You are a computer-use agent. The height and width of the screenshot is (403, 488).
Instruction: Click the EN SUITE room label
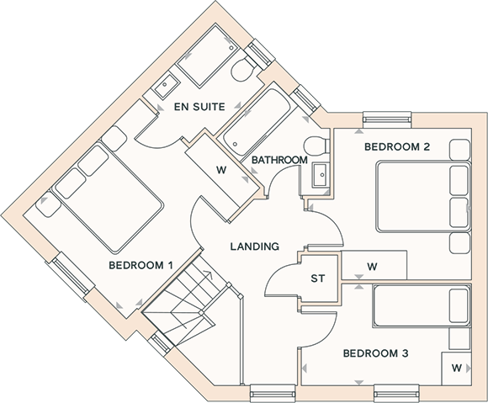(199, 107)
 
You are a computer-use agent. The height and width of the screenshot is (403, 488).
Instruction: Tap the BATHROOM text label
(279, 160)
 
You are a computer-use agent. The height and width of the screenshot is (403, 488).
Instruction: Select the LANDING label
(255, 247)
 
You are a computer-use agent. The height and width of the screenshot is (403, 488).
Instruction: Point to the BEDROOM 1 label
(141, 266)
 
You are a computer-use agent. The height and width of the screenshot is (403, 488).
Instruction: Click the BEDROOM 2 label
(397, 146)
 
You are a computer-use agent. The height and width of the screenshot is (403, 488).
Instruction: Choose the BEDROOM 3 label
(375, 353)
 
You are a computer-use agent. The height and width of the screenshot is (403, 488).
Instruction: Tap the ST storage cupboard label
(318, 278)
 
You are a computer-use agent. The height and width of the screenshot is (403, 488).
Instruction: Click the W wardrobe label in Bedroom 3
(457, 368)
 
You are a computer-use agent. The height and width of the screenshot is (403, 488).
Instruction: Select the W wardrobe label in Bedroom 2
(372, 267)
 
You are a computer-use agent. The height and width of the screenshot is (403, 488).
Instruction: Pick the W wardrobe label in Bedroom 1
(221, 170)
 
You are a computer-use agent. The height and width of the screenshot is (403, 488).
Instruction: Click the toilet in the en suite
(244, 69)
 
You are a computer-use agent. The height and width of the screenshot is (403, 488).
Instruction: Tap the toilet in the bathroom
(317, 146)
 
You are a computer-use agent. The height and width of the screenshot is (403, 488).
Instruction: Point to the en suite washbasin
(167, 83)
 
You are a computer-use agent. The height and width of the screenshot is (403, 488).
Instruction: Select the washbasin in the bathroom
(321, 175)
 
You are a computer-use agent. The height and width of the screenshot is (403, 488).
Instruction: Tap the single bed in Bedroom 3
(422, 306)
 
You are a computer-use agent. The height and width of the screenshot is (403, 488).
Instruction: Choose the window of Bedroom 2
(388, 119)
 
